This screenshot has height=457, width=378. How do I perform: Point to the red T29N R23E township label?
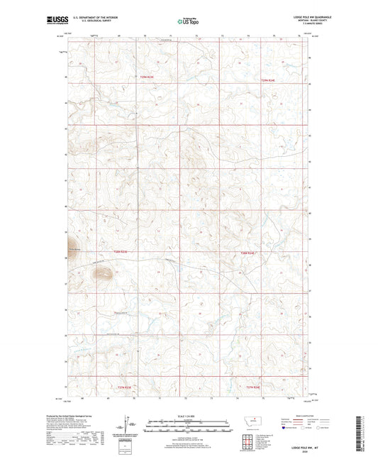tap(145, 77)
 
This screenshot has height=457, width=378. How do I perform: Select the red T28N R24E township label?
tap(246, 252)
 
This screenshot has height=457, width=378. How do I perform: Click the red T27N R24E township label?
tap(254, 387)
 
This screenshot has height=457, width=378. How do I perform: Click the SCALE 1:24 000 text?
tap(188, 416)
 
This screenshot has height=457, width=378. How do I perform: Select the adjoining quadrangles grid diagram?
tap(245, 441)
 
